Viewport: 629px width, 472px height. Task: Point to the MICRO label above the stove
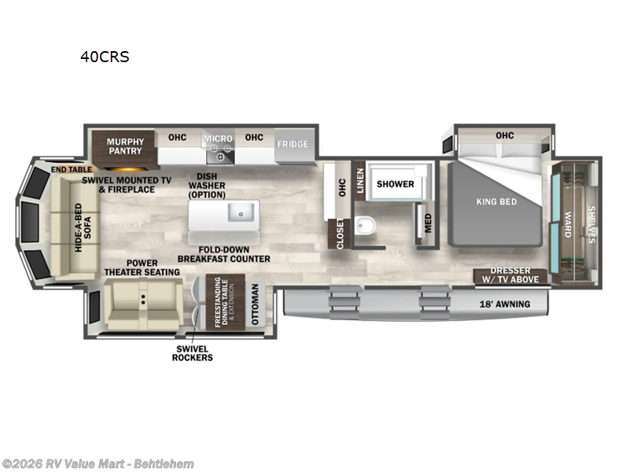[x=219, y=138]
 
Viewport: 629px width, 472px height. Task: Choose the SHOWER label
[x=395, y=184]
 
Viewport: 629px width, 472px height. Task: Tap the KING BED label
[x=497, y=202]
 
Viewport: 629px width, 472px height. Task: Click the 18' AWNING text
[x=504, y=304]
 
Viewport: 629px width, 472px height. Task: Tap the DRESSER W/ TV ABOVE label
[x=510, y=275]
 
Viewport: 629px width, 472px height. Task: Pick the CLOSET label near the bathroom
[x=340, y=234]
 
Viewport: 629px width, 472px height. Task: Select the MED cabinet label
[x=427, y=223]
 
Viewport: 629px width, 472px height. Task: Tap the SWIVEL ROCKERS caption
[x=193, y=352]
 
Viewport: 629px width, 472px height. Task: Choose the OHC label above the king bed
[x=504, y=135]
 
